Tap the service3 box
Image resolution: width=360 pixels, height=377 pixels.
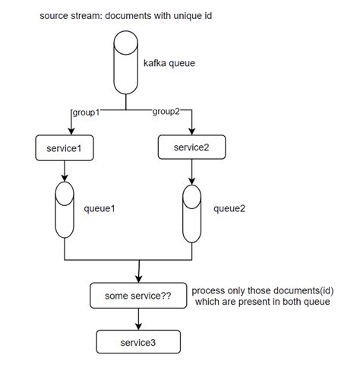click(x=138, y=342)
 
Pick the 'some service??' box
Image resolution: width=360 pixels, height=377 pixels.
click(x=137, y=296)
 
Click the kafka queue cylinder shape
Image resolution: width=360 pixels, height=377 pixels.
click(x=125, y=64)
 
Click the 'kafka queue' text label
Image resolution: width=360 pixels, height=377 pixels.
click(x=169, y=63)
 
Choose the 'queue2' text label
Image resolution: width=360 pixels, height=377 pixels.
click(x=229, y=207)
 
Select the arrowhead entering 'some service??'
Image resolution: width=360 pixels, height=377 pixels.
click(x=138, y=280)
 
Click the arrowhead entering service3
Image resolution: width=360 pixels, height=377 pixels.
click(x=138, y=327)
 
